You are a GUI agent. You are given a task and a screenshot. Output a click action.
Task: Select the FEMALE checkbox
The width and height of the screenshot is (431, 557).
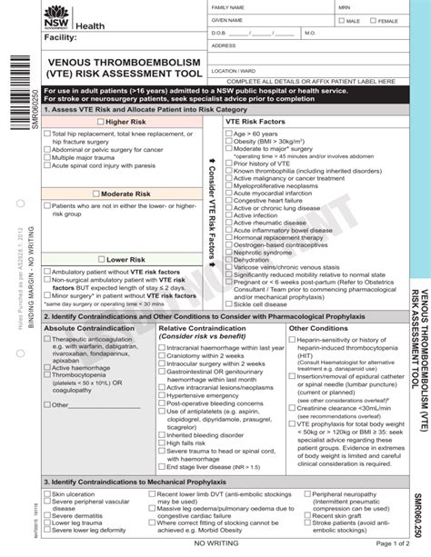point(373,20)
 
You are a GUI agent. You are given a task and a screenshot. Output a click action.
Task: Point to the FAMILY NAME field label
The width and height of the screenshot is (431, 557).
point(228,7)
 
